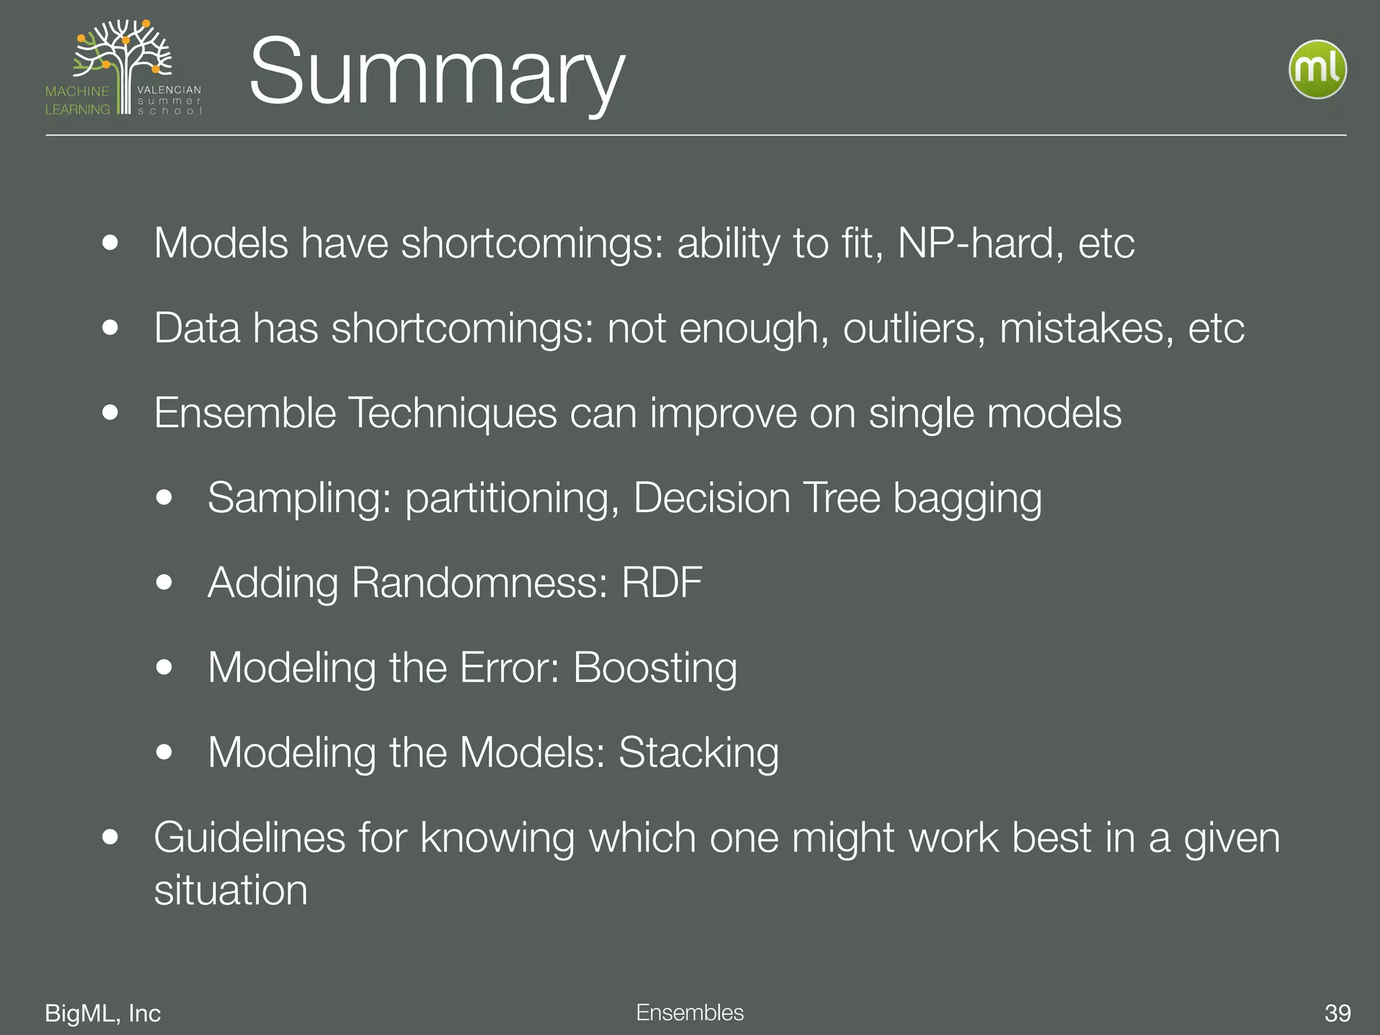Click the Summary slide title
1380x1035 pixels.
(437, 72)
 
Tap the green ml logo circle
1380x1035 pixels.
(1317, 69)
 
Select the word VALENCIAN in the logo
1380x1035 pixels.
(169, 90)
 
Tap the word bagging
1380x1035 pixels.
(967, 499)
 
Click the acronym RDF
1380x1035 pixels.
(662, 582)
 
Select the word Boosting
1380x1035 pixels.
(655, 668)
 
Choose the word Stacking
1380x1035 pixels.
(698, 753)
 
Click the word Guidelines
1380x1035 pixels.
(249, 838)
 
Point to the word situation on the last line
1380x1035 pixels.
(230, 890)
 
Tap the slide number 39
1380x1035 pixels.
(1337, 1013)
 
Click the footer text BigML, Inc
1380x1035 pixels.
(102, 1013)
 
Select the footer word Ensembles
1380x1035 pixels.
(689, 1012)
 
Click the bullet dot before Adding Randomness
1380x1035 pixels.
(164, 582)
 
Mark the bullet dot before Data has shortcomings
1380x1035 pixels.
(111, 328)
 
